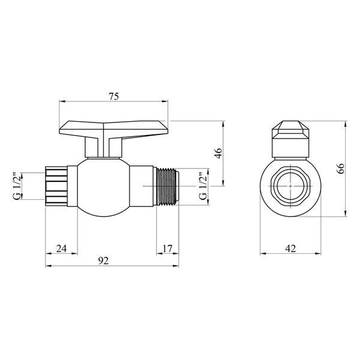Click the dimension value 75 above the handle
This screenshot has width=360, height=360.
coord(114,97)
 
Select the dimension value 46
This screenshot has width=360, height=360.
coord(218,154)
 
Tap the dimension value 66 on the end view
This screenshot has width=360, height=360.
coord(340,169)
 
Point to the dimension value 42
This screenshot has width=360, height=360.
coord(290,248)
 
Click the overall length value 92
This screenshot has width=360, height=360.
coord(103,260)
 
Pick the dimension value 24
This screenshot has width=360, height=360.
coord(62,248)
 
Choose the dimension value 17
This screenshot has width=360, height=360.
coord(167,248)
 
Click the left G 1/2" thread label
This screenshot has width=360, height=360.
coord(17,186)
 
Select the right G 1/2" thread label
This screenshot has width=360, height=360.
coord(203,186)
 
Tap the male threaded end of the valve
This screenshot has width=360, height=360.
coord(167,186)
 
